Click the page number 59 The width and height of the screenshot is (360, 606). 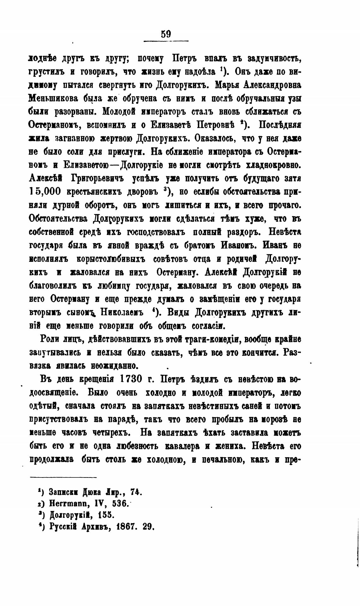tap(166, 34)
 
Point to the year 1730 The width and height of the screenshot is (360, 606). tap(130, 379)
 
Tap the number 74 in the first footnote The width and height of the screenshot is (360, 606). tap(135, 492)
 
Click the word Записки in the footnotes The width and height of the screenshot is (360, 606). tap(63, 493)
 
